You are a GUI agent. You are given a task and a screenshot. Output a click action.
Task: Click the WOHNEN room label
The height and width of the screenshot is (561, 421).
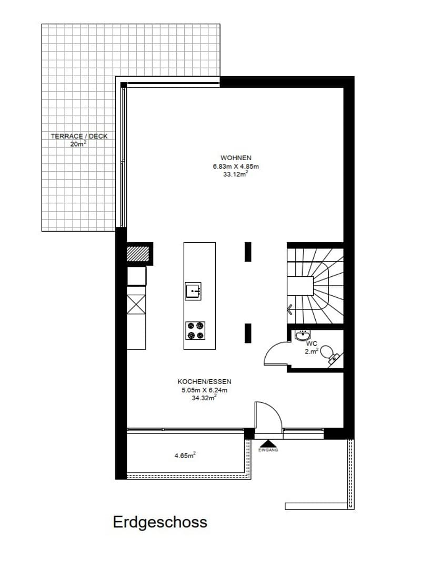pyautogui.click(x=236, y=158)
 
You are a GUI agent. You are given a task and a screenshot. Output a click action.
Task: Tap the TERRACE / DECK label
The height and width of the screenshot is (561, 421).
pyautogui.click(x=79, y=137)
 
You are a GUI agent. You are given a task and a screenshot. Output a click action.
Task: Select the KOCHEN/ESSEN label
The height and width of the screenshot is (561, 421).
pyautogui.click(x=205, y=382)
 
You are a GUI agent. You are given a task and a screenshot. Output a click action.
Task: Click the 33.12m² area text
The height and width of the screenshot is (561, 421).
pyautogui.click(x=236, y=174)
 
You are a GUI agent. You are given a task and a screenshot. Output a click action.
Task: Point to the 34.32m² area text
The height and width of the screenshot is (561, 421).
pyautogui.click(x=205, y=398)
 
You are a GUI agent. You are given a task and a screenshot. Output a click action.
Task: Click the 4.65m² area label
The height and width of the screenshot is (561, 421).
pyautogui.click(x=185, y=455)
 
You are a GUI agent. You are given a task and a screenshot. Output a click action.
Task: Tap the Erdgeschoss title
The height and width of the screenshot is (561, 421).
pyautogui.click(x=160, y=522)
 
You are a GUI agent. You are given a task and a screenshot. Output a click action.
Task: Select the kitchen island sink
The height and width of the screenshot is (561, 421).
pyautogui.click(x=193, y=291)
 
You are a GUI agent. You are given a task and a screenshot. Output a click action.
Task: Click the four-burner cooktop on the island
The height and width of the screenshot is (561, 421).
pyautogui.click(x=195, y=330)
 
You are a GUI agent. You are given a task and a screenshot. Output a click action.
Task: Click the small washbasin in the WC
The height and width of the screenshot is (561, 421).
pyautogui.click(x=303, y=335)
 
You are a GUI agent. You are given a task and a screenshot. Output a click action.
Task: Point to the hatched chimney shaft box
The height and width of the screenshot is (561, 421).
pyautogui.click(x=138, y=254)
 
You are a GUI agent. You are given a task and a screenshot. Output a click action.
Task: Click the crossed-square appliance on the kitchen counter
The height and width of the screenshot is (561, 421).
pyautogui.click(x=136, y=305)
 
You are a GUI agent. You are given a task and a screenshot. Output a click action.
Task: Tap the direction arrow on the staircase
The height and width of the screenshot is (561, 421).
pyautogui.click(x=290, y=309)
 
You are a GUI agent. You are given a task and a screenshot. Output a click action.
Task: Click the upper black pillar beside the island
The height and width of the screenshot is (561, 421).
pyautogui.click(x=248, y=252)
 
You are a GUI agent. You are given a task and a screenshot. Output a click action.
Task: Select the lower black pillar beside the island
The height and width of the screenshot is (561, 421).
pyautogui.click(x=248, y=333)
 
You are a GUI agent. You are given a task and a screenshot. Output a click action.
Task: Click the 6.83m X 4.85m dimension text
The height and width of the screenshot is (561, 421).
pyautogui.click(x=236, y=167)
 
